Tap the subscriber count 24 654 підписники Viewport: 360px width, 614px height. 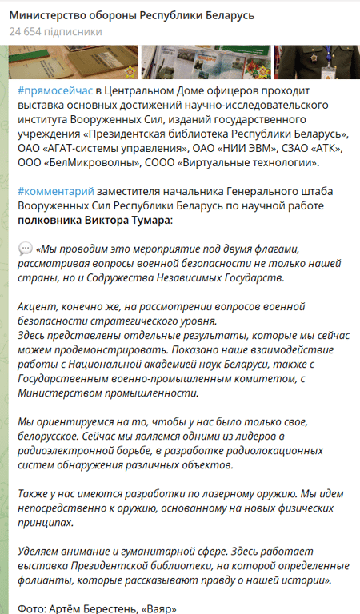[55, 32]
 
